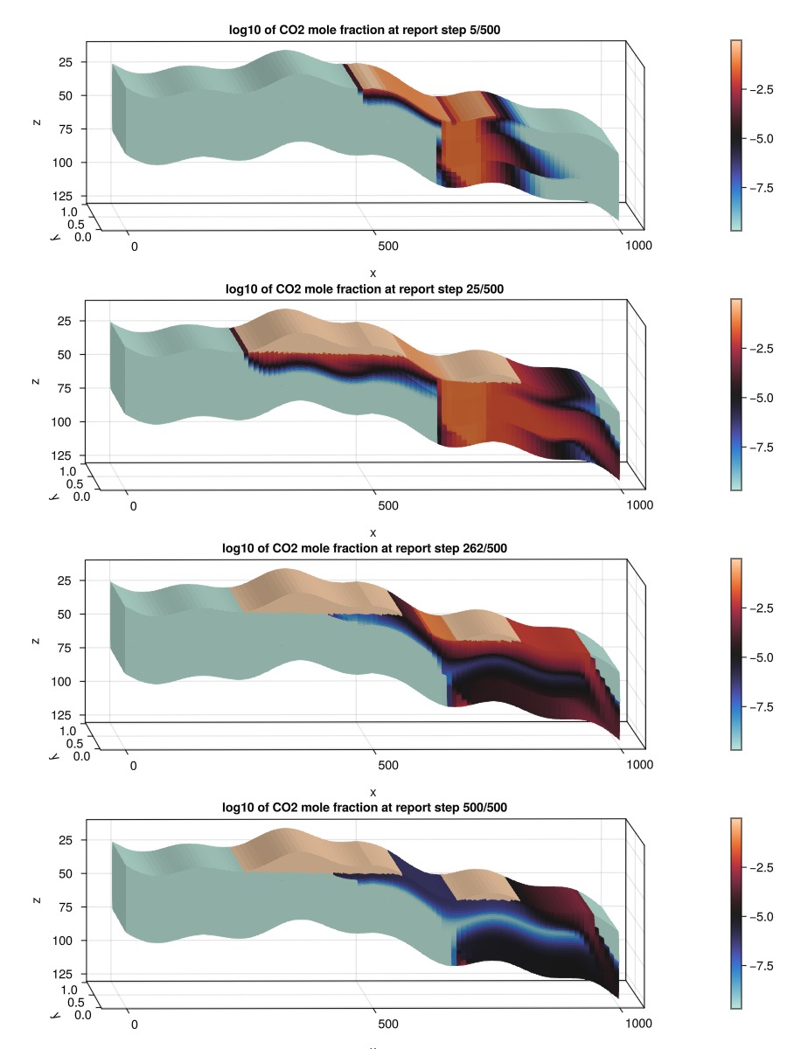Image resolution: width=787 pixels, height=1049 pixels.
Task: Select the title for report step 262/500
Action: click(x=372, y=548)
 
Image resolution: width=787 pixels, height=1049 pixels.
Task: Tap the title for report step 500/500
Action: click(x=372, y=808)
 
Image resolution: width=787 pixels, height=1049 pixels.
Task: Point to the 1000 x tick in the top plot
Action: click(x=639, y=247)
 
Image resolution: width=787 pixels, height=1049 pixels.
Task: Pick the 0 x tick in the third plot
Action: click(x=133, y=766)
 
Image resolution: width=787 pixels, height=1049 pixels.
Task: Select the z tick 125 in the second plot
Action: click(x=64, y=455)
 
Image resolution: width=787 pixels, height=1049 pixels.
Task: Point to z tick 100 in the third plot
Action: click(x=64, y=681)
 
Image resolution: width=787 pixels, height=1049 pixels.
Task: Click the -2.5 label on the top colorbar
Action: click(x=765, y=89)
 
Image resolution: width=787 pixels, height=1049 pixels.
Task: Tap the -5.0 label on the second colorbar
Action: click(x=765, y=398)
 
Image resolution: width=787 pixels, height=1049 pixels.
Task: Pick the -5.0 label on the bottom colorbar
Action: click(x=765, y=916)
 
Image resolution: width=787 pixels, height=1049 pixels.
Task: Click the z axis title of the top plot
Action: click(x=36, y=122)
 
